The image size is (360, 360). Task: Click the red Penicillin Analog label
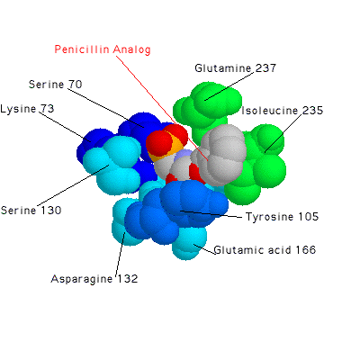pos(103,49)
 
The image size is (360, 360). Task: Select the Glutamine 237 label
pos(235,68)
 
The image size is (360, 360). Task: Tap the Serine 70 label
pos(55,85)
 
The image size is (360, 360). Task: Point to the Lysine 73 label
pos(27,109)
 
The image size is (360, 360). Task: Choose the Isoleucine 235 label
pos(283,111)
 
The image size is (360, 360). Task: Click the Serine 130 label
pos(31,210)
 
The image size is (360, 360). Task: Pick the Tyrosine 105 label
pos(282,217)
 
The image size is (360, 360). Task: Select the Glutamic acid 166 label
pos(265,250)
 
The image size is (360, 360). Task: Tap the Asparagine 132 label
pos(94,279)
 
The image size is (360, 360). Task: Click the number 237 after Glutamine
pos(265,68)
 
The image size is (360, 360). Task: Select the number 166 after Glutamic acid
pos(306,250)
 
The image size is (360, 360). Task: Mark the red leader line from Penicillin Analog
pos(162,108)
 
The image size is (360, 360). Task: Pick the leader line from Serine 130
pos(73,184)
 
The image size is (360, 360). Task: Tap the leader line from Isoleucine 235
pos(283,132)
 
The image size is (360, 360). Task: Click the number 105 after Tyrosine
pos(309,217)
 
